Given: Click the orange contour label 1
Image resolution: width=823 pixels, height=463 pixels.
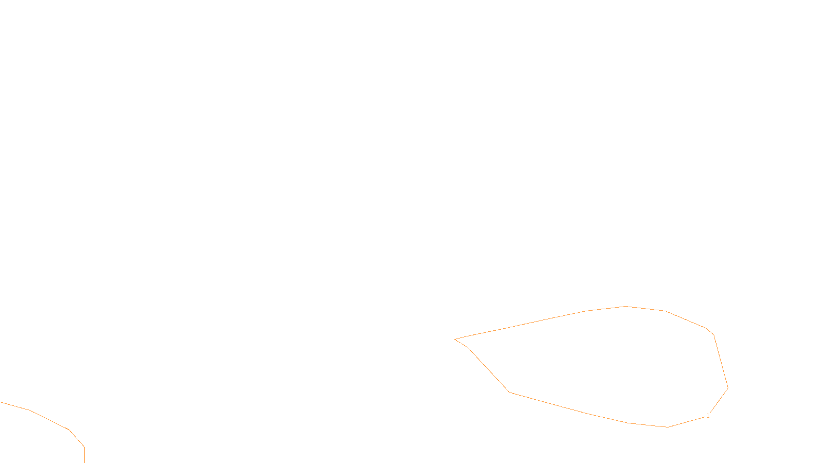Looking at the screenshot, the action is (708, 416).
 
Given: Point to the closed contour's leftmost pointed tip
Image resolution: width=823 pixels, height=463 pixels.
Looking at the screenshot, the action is (455, 339).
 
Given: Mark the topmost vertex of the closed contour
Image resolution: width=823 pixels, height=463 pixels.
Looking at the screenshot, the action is (626, 306).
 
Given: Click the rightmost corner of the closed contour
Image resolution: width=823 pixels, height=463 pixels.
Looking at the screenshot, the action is (728, 388).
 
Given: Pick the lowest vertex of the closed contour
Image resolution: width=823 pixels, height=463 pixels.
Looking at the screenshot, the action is (668, 427).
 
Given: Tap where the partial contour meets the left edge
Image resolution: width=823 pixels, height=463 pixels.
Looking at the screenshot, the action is (1, 402).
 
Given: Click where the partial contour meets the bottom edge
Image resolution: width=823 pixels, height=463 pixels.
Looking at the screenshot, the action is (84, 462).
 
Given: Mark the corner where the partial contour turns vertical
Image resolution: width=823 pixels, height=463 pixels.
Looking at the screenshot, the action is (84, 447).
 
